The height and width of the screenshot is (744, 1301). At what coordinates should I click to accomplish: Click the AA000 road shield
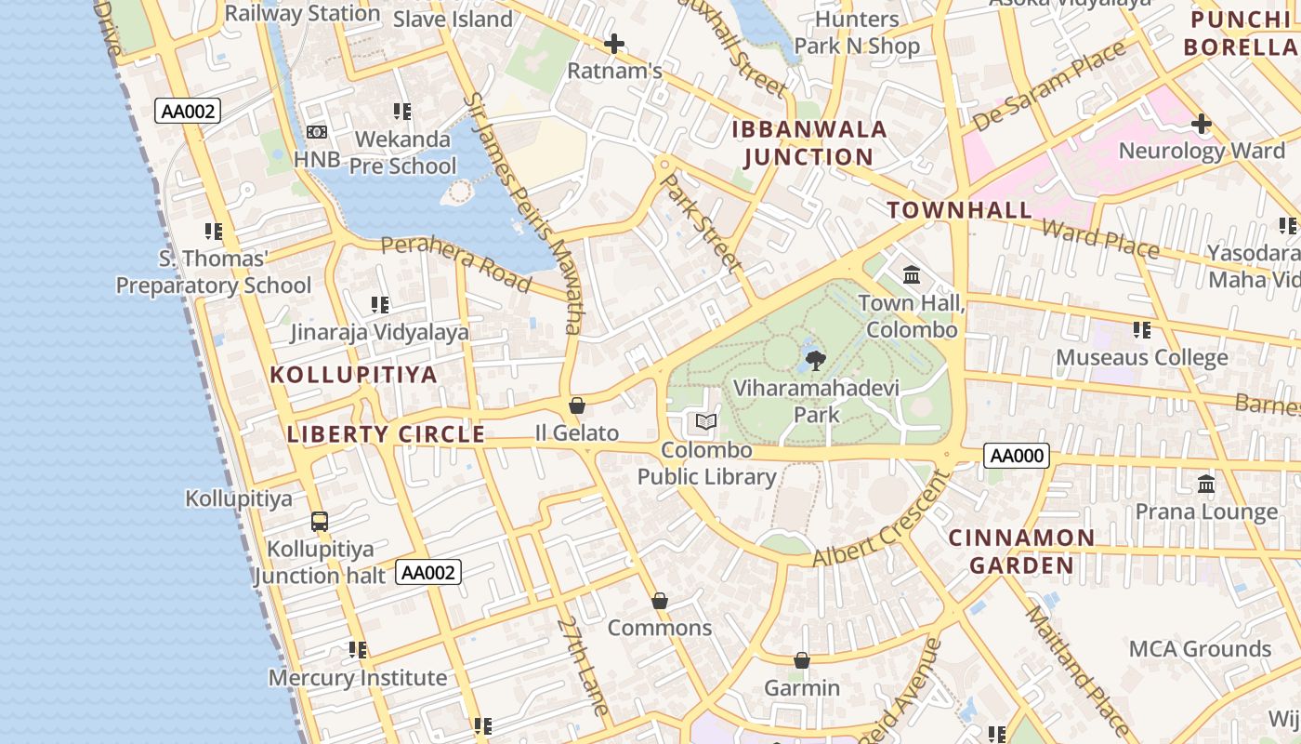point(1017,456)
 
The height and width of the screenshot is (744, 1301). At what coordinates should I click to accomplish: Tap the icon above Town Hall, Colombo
point(912,275)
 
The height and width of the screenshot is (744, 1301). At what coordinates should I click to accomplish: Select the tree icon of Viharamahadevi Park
point(815,359)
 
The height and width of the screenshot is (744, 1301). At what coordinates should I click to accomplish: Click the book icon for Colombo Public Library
point(706,422)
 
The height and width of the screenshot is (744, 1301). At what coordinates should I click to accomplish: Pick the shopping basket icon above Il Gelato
point(577,405)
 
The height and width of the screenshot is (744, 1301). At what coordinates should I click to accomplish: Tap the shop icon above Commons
point(660,601)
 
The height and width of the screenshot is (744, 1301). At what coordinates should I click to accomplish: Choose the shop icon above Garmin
point(802,660)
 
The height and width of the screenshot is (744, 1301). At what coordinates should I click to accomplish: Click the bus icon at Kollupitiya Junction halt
point(320,521)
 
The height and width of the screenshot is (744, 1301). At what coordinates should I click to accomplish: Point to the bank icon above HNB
point(317,132)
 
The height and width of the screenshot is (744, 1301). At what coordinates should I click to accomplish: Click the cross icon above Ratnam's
point(613,44)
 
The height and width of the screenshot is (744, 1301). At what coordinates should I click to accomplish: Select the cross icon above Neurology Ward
point(1202,123)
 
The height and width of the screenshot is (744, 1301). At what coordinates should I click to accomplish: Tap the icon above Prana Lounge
point(1206,484)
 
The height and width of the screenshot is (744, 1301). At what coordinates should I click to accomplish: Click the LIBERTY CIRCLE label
point(386,434)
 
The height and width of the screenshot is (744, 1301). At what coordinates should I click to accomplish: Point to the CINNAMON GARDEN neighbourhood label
point(1021,551)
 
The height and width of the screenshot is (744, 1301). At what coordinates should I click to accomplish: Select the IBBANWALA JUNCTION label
point(809,143)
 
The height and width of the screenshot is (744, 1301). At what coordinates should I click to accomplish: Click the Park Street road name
point(702,222)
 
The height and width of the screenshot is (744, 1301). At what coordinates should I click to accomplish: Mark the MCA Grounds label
point(1200,648)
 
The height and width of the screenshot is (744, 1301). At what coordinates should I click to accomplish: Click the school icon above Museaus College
point(1141,329)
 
